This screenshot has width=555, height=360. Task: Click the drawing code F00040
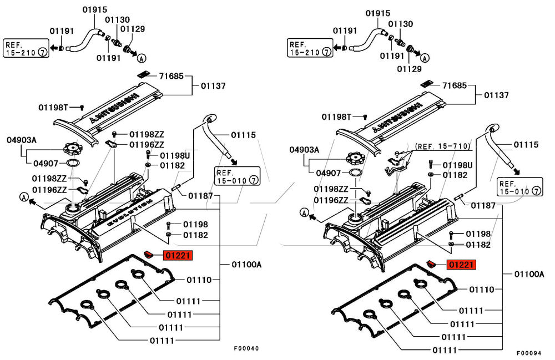tap(246, 348)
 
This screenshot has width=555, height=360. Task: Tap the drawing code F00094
tap(529, 352)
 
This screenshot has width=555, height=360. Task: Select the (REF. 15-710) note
tap(442, 146)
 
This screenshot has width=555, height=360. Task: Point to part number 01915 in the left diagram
tap(95, 9)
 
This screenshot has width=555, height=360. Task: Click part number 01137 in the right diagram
tap(495, 95)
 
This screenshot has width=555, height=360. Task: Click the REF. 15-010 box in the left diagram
tap(238, 176)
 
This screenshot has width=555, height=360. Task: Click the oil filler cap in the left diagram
tap(73, 149)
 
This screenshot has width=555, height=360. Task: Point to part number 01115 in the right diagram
tap(526, 145)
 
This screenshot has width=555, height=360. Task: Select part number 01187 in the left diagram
tap(201, 195)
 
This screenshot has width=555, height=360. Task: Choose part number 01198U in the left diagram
tap(175, 155)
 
